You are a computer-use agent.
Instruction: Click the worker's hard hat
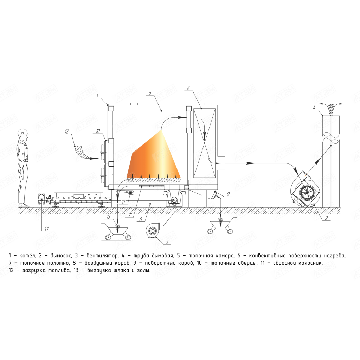(x=24, y=131)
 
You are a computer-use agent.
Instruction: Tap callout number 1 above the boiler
(x=98, y=96)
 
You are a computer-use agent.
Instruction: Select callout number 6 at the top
(x=188, y=88)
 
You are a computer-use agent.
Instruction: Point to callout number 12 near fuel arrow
(x=67, y=131)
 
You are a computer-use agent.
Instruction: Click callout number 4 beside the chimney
(x=314, y=108)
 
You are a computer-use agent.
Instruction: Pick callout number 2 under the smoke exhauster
(x=327, y=218)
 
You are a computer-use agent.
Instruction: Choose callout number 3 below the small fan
(x=167, y=242)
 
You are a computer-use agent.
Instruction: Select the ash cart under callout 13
(x=117, y=232)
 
